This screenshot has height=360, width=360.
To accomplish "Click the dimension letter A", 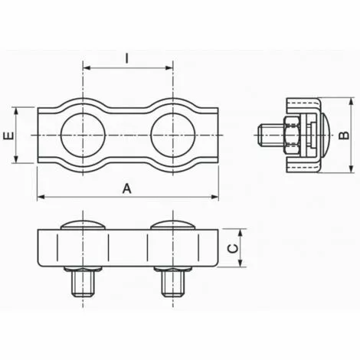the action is (127, 189).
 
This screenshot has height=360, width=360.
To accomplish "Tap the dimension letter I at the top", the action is (127, 58).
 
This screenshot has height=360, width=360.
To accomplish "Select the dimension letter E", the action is (8, 136).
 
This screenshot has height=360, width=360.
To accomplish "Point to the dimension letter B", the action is (344, 135).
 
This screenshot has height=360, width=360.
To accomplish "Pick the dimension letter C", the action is (233, 248).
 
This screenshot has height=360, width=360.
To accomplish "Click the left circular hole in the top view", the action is (83, 136).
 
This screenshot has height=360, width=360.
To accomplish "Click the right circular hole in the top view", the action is (173, 136).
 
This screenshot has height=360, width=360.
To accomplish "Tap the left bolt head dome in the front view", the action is (83, 224).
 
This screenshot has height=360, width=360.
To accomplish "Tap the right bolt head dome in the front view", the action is (173, 224).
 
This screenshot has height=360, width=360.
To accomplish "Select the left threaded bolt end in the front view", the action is (83, 283).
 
